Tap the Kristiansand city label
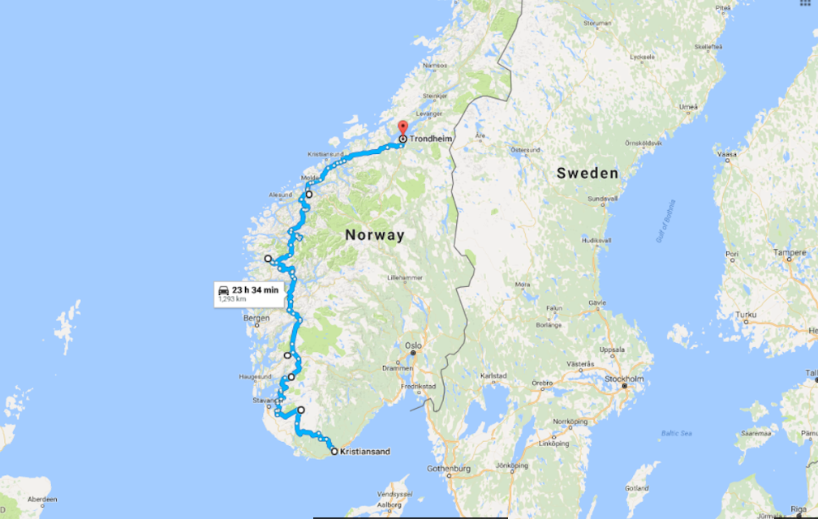[x=365, y=451]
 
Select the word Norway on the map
[x=374, y=235]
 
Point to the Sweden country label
[x=588, y=173]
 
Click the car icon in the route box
[x=222, y=290]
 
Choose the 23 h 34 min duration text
[x=255, y=290]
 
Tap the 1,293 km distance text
[x=231, y=300]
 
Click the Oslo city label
[x=415, y=344]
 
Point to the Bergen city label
[x=256, y=318]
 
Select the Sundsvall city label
[x=602, y=198]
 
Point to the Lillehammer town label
[x=406, y=277]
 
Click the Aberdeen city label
[x=41, y=500]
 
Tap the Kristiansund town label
[x=325, y=154]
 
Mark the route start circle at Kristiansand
[x=334, y=450]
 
